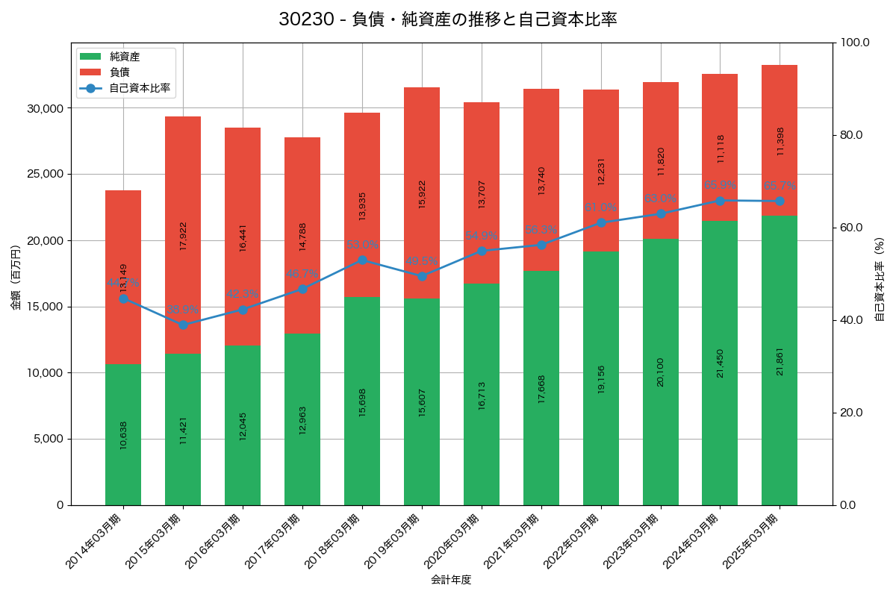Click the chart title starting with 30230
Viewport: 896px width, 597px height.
point(448,19)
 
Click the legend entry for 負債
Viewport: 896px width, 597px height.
point(119,72)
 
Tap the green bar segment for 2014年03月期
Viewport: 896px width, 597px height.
point(123,434)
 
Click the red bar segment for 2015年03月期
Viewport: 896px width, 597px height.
point(183,235)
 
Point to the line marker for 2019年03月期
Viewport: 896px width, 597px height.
point(422,276)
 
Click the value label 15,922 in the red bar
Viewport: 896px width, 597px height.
point(423,194)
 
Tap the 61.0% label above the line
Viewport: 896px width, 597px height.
point(600,208)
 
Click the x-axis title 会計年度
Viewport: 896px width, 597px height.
point(451,580)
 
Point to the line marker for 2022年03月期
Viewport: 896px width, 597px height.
point(601,222)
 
